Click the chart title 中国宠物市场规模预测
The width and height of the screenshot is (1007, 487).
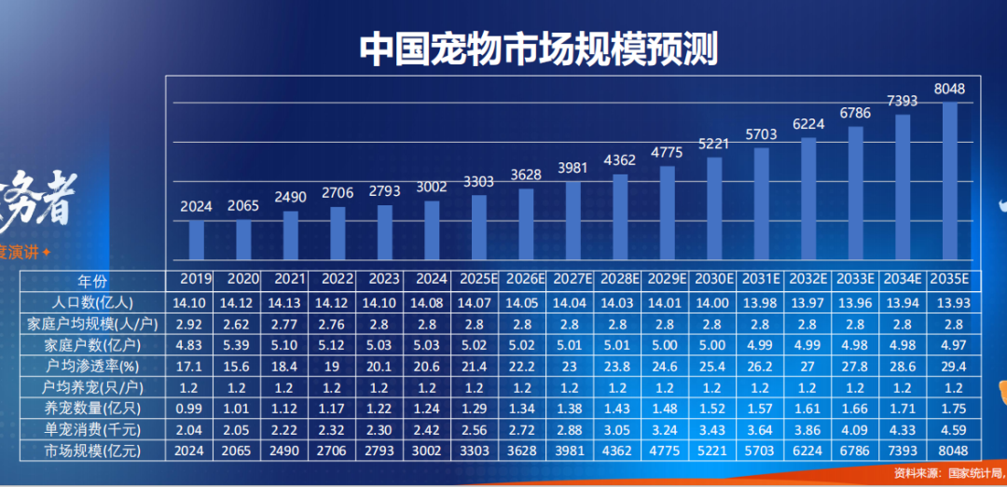click(x=538, y=49)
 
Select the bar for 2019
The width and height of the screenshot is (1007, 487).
click(x=197, y=240)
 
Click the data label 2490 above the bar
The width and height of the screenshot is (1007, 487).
click(x=291, y=198)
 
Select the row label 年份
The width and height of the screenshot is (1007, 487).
click(x=92, y=280)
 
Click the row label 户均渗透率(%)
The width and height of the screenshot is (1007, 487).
click(x=92, y=366)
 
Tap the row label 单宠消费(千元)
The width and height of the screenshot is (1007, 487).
click(x=92, y=430)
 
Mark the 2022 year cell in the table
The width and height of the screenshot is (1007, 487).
click(x=337, y=280)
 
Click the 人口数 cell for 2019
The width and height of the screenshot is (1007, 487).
click(x=196, y=302)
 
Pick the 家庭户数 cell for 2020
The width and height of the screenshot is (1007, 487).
click(x=242, y=345)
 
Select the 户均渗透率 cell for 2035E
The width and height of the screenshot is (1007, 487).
click(x=949, y=366)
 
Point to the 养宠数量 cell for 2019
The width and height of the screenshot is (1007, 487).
click(x=196, y=409)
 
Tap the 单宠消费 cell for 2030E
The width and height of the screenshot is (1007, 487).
click(x=714, y=430)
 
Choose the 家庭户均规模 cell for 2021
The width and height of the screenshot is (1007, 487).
click(x=290, y=324)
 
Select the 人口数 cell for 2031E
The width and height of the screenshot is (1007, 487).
click(x=761, y=302)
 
